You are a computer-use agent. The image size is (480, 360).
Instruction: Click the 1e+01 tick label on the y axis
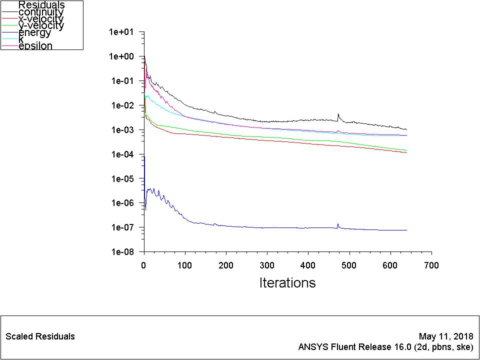pos(122,32)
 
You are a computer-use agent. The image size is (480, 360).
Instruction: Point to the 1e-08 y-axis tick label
pos(122,252)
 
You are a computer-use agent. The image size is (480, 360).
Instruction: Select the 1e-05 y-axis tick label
pos(122,179)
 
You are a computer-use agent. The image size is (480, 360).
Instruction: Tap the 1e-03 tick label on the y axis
pos(122,130)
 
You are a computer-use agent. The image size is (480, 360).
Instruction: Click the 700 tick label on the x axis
pos(431,265)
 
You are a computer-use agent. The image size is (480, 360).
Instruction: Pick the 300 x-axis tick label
pos(267,265)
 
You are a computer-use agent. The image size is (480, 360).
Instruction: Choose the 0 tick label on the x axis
pos(144,265)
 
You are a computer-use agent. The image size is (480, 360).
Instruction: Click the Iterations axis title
pos(287,283)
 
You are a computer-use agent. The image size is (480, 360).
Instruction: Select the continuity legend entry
pos(41,12)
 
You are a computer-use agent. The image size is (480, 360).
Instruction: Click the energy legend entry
pos(34,33)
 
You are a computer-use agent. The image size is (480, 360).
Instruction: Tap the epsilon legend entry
pos(35,46)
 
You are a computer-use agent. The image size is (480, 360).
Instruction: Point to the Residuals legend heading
pos(41,5)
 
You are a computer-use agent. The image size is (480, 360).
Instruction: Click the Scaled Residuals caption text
pos(40,336)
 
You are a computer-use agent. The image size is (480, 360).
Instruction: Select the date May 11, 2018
pos(446,336)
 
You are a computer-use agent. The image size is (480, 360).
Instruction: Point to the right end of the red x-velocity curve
pos(406,152)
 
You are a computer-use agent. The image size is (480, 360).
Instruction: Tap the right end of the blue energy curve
pos(406,230)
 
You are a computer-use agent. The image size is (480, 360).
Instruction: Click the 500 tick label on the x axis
pos(349,265)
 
